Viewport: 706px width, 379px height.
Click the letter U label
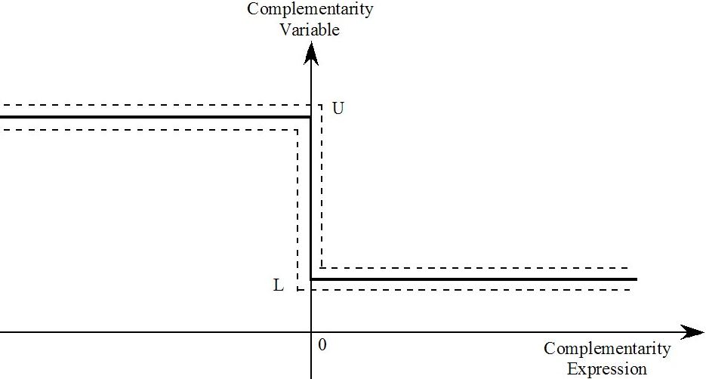338,109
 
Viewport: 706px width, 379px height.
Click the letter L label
279,285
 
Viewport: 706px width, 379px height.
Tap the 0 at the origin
322,345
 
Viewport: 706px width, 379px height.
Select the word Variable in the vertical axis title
310,29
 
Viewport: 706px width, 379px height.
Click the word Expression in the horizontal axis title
606,368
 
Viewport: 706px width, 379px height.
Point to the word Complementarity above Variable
310,9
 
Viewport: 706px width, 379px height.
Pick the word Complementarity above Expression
607,348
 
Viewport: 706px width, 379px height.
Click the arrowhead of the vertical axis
311,53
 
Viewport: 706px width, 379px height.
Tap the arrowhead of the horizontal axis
692,332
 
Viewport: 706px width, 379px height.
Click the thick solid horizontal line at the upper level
156,117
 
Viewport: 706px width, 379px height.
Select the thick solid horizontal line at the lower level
473,279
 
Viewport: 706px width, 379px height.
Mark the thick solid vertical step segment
311,198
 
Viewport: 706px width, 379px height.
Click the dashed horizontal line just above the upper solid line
161,106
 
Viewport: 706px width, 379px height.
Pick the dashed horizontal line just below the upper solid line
149,131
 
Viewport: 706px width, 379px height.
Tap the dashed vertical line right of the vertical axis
322,186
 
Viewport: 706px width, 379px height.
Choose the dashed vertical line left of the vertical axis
298,210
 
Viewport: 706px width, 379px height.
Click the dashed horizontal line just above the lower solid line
475,268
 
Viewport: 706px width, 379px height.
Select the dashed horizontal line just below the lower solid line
464,290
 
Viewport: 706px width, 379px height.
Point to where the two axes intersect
311,332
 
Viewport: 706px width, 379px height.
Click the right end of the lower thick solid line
637,279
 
